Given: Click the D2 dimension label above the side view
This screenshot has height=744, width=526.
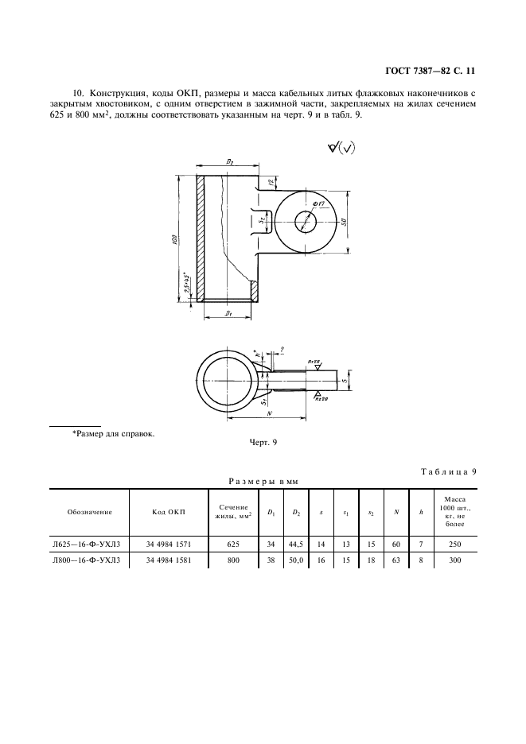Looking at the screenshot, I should pyautogui.click(x=229, y=162).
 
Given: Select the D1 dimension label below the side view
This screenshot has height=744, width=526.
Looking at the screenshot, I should pyautogui.click(x=228, y=315).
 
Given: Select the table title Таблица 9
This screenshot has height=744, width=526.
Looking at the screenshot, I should pyautogui.click(x=448, y=472).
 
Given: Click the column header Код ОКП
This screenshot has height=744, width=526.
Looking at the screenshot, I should pyautogui.click(x=168, y=513).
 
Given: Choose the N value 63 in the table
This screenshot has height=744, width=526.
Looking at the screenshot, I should pyautogui.click(x=395, y=560).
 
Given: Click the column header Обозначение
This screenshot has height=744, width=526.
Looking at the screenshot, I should pyautogui.click(x=90, y=513).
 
